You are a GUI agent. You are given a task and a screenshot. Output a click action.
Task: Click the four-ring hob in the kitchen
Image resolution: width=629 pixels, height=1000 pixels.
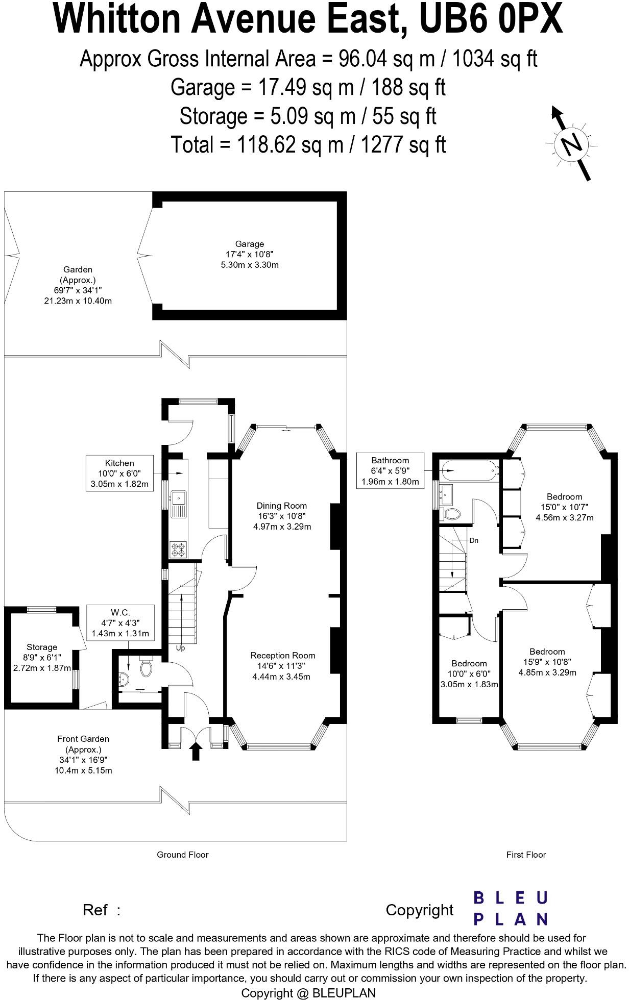tap(179, 549)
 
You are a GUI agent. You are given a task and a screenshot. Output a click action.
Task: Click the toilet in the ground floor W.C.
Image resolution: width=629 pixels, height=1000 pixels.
tap(146, 667)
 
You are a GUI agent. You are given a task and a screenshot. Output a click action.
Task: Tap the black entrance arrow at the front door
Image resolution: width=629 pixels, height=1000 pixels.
tap(196, 752)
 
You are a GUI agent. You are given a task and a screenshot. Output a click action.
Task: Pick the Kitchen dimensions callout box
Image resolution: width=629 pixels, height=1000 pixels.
tap(119, 473)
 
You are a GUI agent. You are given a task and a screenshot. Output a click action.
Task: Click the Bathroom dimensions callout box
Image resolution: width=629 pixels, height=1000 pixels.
tap(390, 470)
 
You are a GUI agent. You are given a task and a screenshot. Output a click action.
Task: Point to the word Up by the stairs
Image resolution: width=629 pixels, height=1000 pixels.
tap(180, 648)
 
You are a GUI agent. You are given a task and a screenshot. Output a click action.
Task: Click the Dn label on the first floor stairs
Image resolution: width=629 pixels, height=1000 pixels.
tap(474, 540)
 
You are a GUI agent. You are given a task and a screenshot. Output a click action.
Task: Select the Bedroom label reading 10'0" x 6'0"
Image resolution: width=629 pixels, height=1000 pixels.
tap(469, 673)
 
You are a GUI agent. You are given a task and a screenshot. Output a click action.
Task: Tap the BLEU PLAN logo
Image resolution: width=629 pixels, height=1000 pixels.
tap(510, 908)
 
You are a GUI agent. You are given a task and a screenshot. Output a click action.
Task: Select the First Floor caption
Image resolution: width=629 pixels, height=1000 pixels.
tap(526, 855)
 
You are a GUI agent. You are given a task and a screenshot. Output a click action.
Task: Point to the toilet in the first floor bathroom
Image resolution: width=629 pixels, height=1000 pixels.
tap(452, 514)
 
